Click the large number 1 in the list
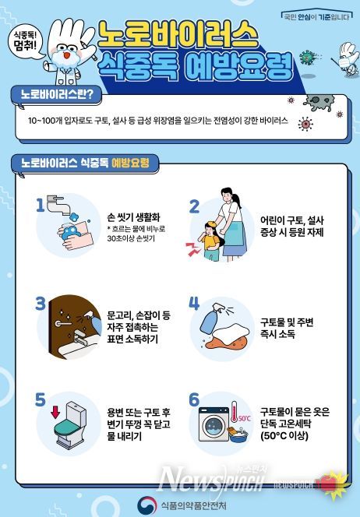click(x=40, y=205)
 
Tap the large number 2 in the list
click(x=195, y=206)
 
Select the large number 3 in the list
click(x=41, y=302)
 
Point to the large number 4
click(x=195, y=302)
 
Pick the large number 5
click(x=41, y=399)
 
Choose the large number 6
click(x=195, y=399)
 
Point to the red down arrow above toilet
click(x=56, y=409)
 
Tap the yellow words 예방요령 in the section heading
click(x=130, y=163)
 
